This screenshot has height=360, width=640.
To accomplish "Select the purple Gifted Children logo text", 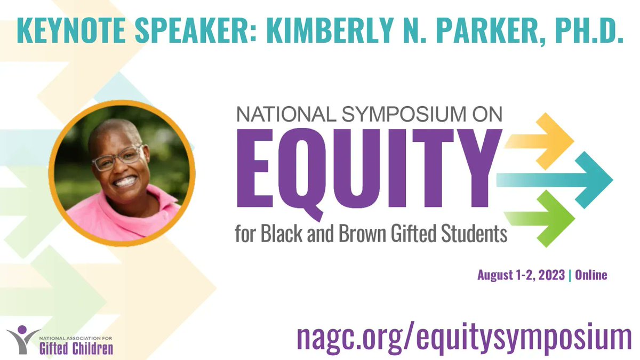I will [x=76, y=349].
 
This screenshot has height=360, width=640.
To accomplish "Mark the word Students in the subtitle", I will [x=475, y=234].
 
